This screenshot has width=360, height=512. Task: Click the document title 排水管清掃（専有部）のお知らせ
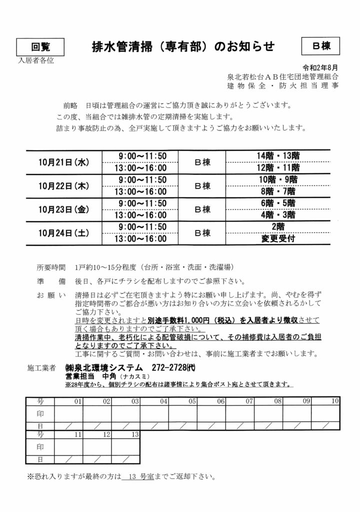tap(183, 46)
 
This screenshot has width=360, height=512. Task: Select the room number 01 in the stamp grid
tap(77, 401)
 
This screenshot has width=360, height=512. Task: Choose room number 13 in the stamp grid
tap(134, 435)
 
